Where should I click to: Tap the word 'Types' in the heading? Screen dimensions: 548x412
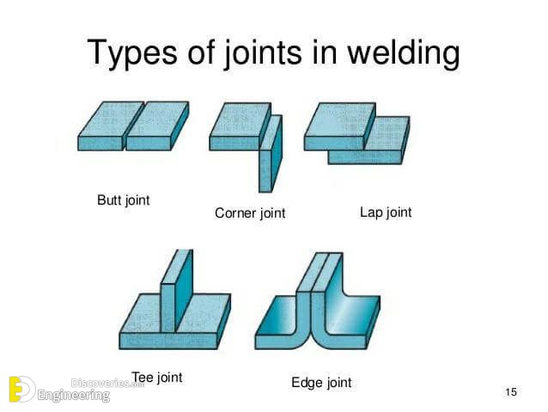(132, 52)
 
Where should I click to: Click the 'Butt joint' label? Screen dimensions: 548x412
(124, 200)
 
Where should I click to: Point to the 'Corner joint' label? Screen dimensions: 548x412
(250, 212)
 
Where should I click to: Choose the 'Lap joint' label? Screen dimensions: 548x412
(386, 212)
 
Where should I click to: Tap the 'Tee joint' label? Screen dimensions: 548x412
(157, 378)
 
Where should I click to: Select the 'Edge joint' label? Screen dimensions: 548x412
(321, 382)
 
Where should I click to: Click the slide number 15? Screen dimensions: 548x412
(511, 391)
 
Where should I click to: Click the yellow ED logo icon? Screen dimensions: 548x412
(21, 390)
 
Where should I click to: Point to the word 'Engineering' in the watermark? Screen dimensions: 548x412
(74, 396)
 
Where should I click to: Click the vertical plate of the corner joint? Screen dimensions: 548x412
(271, 154)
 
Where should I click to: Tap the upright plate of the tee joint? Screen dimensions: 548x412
(177, 291)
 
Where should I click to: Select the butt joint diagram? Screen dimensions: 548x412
(133, 126)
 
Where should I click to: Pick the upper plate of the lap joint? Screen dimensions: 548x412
(340, 126)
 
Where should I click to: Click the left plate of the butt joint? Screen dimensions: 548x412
(111, 126)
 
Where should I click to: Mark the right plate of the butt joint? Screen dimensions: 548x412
(157, 126)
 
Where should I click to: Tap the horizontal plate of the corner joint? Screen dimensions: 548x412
(241, 126)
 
